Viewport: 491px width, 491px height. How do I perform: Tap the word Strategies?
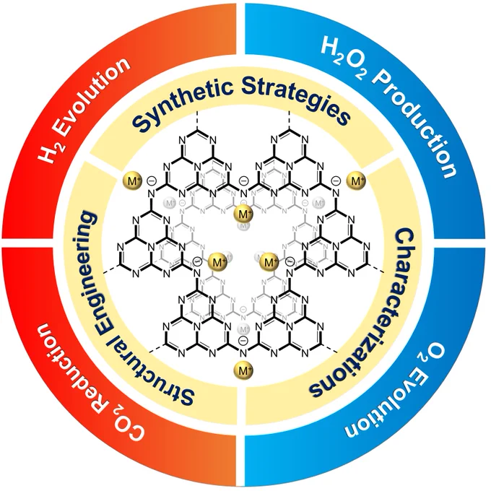pos(297,100)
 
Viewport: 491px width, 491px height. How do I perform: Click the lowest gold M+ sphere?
pos(243,370)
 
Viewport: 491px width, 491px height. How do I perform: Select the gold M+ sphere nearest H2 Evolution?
pos(133,181)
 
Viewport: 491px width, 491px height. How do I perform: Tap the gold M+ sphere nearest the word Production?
pos(357,181)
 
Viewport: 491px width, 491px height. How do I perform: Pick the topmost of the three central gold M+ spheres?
pos(243,214)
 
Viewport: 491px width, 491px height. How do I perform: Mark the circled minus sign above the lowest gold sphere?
pos(243,340)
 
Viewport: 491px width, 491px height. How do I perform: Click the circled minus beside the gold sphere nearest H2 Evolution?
pos(151,181)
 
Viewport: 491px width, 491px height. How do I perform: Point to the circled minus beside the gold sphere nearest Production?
pos(336,181)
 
